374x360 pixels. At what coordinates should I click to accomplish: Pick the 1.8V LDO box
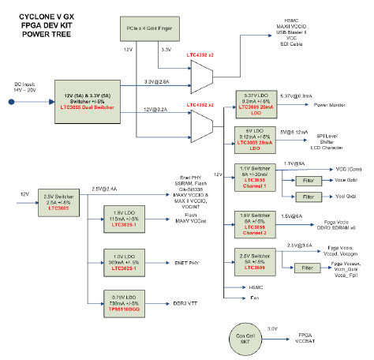point(126,218)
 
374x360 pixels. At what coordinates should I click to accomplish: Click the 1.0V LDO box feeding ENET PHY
point(126,261)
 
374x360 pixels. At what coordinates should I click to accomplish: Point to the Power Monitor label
point(330,104)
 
